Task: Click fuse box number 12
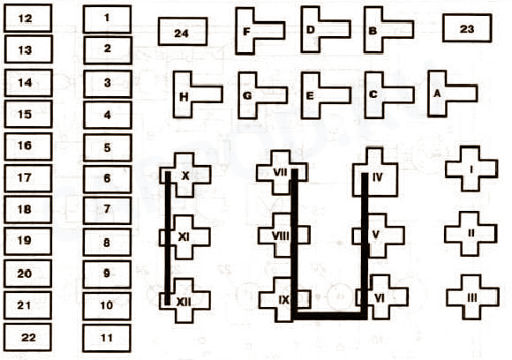(28, 18)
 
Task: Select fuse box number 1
(108, 19)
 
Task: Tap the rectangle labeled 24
(183, 32)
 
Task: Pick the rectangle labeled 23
(467, 28)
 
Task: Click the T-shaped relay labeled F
(246, 31)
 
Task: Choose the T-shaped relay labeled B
(374, 30)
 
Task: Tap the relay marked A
(438, 94)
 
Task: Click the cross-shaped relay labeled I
(471, 169)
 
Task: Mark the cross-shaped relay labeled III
(472, 297)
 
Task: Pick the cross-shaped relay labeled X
(184, 176)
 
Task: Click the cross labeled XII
(184, 301)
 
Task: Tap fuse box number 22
(27, 337)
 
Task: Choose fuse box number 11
(107, 338)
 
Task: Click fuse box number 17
(28, 178)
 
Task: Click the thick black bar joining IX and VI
(329, 316)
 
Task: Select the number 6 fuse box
(108, 179)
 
